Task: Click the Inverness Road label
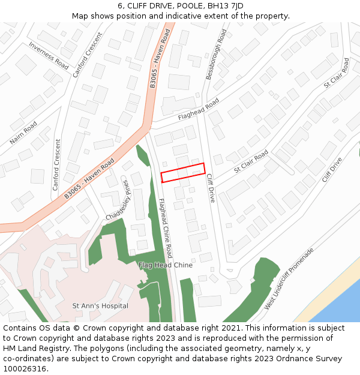click(49, 56)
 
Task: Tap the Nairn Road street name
click(23, 133)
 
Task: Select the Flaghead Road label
click(199, 110)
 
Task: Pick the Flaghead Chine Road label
click(165, 229)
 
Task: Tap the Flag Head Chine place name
click(166, 265)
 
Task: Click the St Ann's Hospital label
click(100, 306)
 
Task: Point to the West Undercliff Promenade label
click(289, 279)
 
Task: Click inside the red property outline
click(183, 172)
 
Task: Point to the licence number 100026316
click(25, 368)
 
